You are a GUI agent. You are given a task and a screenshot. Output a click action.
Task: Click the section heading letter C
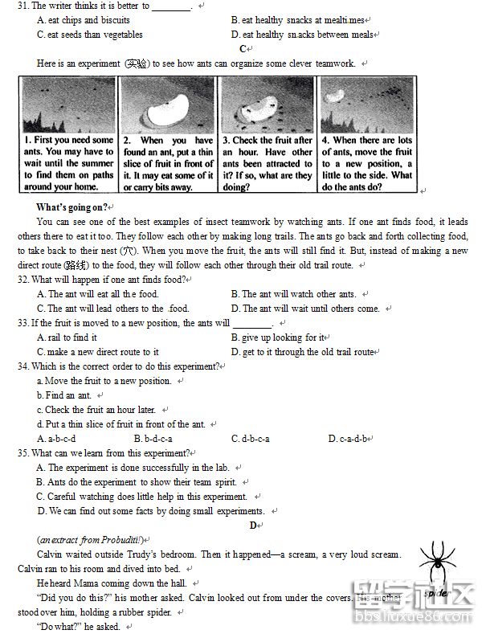pyautogui.click(x=243, y=49)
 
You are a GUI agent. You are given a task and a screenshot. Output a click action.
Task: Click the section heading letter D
pyautogui.click(x=253, y=525)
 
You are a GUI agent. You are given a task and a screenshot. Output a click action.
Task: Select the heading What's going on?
pyautogui.click(x=72, y=207)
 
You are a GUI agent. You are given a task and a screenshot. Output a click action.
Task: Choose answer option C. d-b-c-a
pyautogui.click(x=250, y=439)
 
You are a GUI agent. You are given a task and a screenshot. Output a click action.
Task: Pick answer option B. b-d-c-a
pyautogui.click(x=153, y=439)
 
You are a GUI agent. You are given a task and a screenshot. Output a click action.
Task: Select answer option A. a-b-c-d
pyautogui.click(x=56, y=439)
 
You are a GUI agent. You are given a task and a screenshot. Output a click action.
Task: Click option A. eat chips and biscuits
pyautogui.click(x=84, y=20)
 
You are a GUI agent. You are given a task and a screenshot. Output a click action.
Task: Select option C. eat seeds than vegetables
pyautogui.click(x=89, y=35)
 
